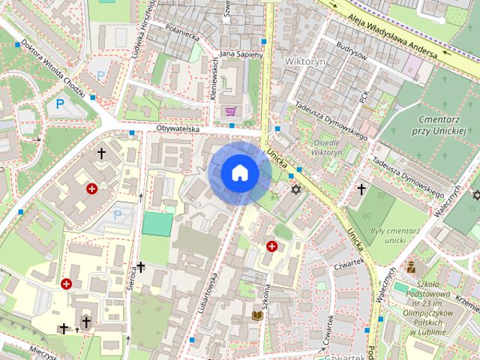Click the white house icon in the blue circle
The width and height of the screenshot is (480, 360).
click(x=240, y=173)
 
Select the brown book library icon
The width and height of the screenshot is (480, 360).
click(x=257, y=316)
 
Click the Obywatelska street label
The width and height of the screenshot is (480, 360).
click(x=178, y=129)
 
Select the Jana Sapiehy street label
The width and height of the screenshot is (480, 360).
click(x=241, y=55)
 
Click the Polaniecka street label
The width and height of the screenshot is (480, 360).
click(x=181, y=35)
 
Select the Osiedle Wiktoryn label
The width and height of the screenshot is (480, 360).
click(x=326, y=147)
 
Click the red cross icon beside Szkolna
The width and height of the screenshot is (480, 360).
click(x=271, y=246)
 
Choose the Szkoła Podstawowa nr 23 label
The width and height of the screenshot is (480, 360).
click(x=435, y=307)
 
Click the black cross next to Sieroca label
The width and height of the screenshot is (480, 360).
click(x=140, y=266)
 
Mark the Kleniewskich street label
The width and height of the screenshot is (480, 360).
click(x=213, y=82)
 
